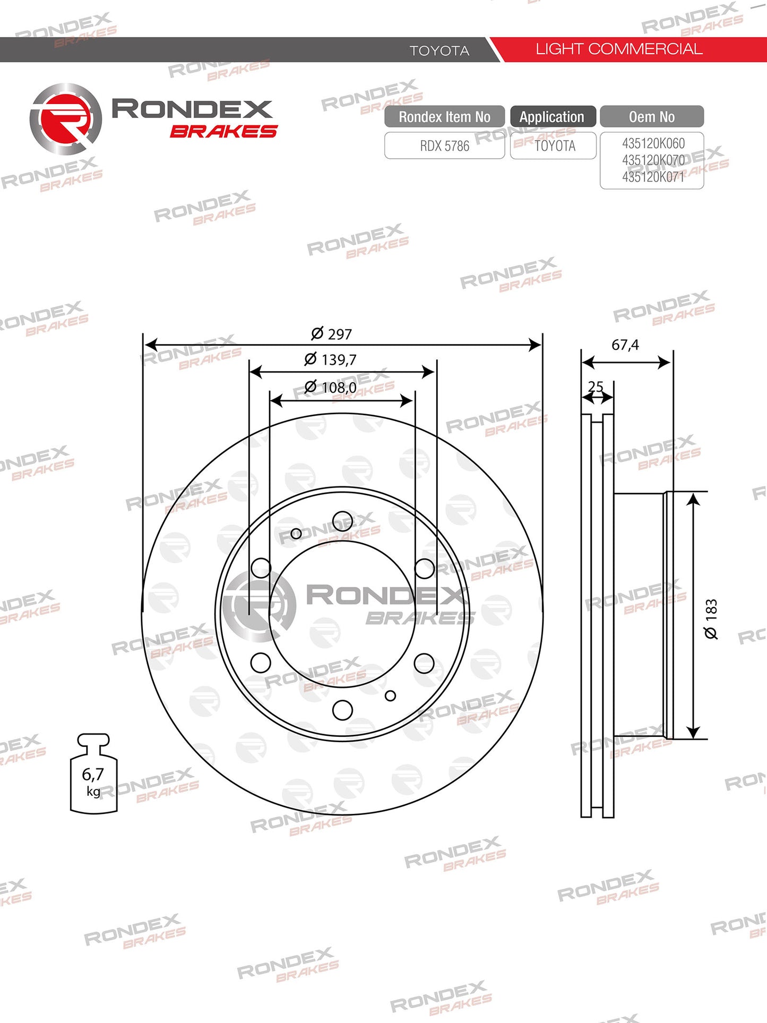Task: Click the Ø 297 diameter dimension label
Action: point(331,334)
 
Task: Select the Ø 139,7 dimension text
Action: point(330,359)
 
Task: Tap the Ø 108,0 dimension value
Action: point(330,387)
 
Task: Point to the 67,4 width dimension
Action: point(625,345)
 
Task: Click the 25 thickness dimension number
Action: point(596,386)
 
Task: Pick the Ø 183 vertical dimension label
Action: point(711,619)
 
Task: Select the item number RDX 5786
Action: point(445,146)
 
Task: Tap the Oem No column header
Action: point(652,117)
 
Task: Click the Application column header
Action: point(553,117)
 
